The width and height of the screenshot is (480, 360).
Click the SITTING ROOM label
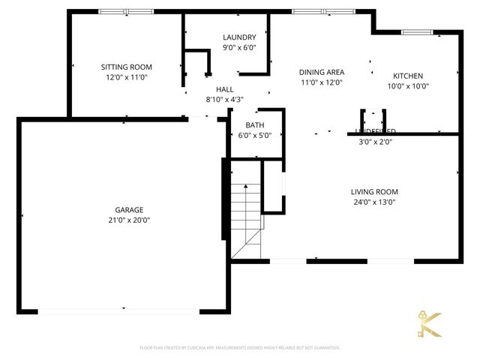click(x=126, y=67)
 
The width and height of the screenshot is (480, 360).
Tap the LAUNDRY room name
click(x=239, y=37)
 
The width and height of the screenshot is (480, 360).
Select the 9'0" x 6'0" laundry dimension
click(x=239, y=47)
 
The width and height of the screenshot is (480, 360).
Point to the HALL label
click(x=214, y=89)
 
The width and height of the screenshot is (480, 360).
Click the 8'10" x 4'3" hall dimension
click(x=214, y=99)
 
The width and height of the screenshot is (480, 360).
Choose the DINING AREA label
click(x=321, y=72)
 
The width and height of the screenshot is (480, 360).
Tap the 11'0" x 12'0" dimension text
click(x=321, y=82)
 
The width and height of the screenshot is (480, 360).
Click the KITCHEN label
click(x=409, y=76)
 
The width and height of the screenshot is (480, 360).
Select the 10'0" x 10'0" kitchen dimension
click(x=409, y=85)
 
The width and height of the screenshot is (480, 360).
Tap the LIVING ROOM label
click(x=375, y=191)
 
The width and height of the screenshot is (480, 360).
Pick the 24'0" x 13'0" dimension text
click(x=375, y=202)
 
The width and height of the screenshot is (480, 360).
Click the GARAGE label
click(x=129, y=210)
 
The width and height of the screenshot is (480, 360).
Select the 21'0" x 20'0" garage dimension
click(x=129, y=220)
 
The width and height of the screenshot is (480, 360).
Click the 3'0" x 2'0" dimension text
click(x=375, y=141)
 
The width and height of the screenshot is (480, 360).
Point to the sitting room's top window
click(x=126, y=12)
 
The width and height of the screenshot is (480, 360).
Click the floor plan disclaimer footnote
click(x=240, y=348)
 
